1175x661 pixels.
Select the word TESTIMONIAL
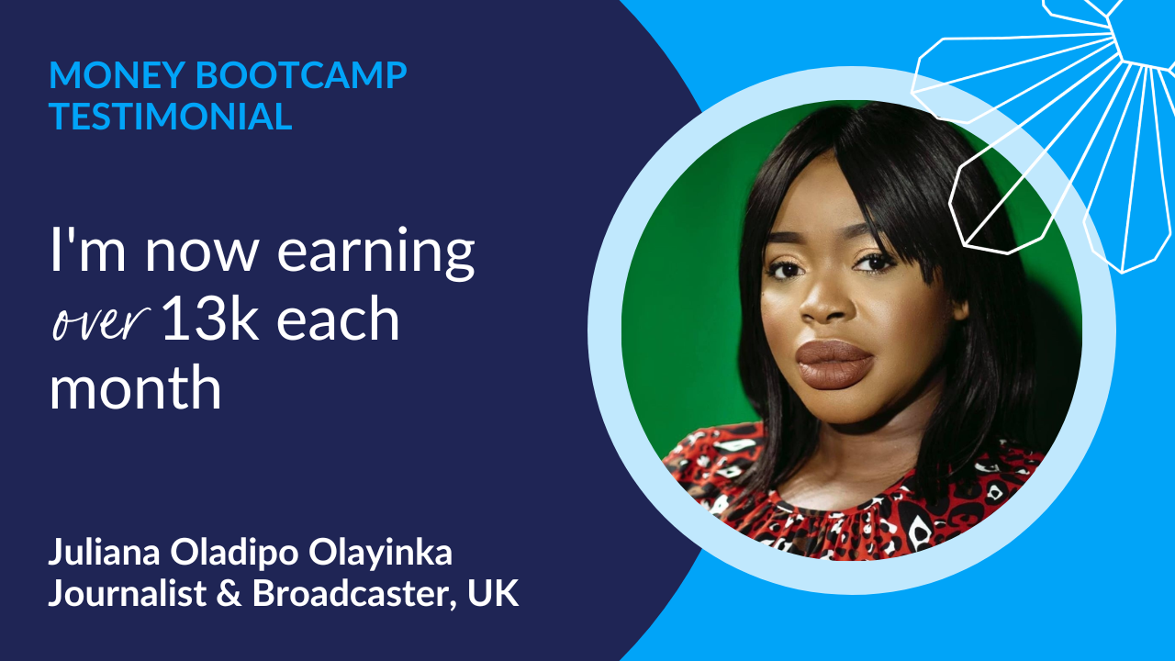pos(171,117)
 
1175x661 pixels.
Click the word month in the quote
pos(135,387)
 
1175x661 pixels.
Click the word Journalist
pos(127,594)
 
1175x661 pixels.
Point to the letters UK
pos(493,594)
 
